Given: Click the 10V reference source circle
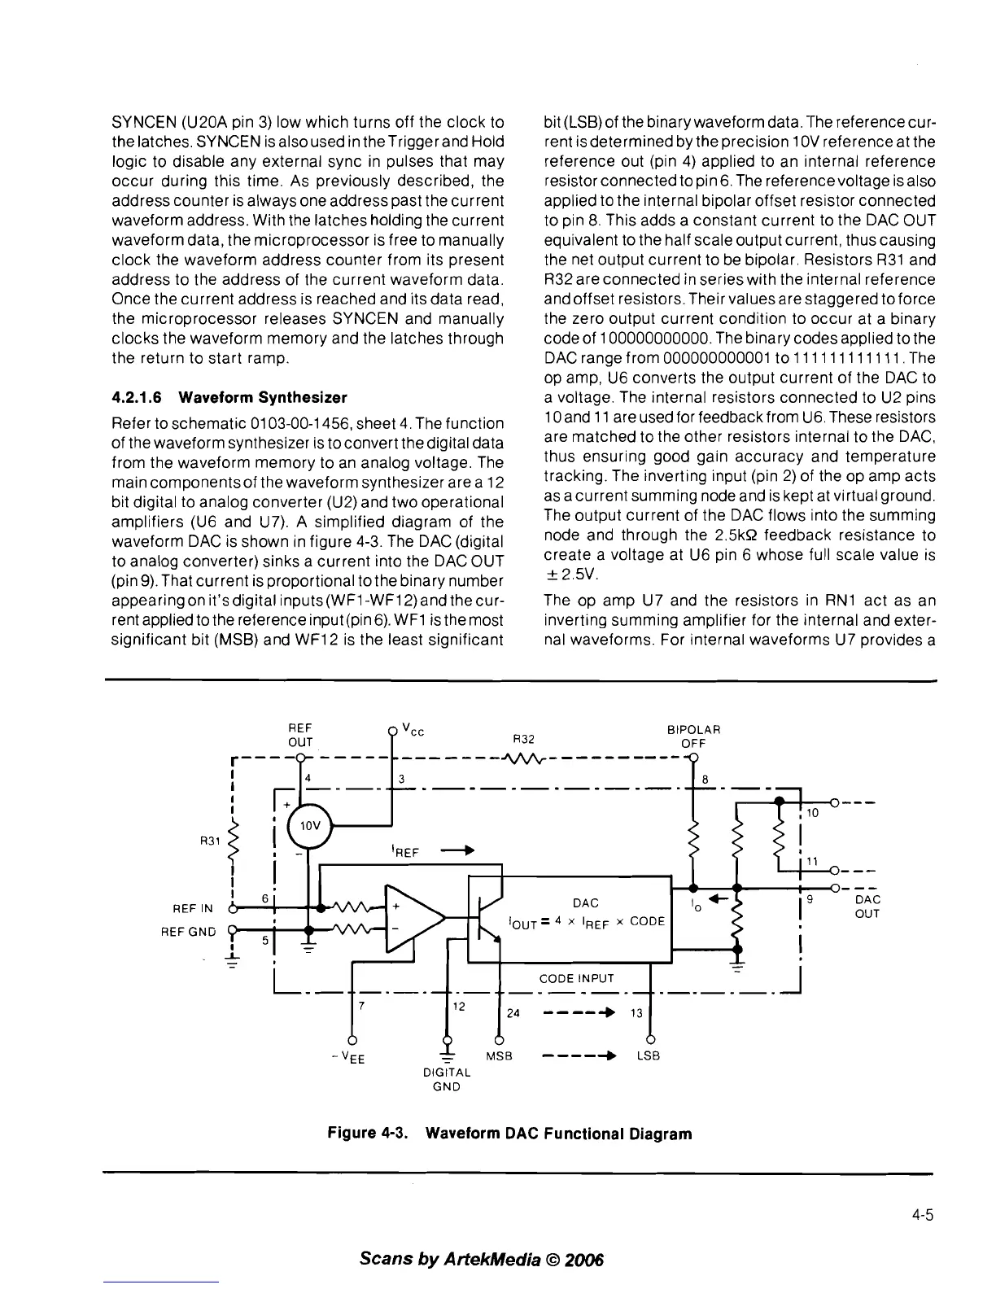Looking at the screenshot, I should point(308,825).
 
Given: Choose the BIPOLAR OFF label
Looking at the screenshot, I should point(693,736).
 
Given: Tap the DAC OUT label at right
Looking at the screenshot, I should point(867,907).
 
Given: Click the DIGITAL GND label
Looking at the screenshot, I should point(447,1079).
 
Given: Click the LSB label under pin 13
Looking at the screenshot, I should point(648,1055).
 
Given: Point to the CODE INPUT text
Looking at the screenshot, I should point(576,978).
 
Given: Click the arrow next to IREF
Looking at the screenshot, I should point(458,851).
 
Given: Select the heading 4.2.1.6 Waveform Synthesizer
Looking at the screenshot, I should point(229,397).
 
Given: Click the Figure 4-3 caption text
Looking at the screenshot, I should point(509,1133).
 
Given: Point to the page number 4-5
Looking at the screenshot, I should point(922,1216).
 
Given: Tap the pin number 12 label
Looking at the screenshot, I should point(458,1006).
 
